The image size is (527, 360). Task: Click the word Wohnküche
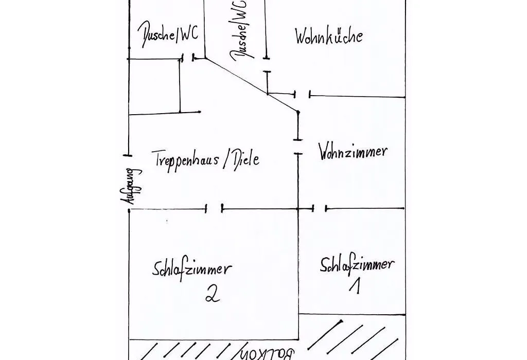tap(329, 35)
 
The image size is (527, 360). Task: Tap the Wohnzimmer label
tap(353, 152)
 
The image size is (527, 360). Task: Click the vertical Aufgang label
tap(131, 186)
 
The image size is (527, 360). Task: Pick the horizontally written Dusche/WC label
tap(168, 35)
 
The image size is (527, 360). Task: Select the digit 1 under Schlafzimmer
tap(355, 286)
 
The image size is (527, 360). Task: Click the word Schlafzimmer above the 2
tap(192, 269)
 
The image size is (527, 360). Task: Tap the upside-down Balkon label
tap(267, 354)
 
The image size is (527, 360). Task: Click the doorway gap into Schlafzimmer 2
tap(214, 209)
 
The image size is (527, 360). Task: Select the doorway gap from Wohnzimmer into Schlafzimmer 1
tap(319, 209)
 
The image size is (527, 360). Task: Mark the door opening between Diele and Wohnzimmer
tap(298, 147)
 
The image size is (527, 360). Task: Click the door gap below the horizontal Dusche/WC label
tap(188, 58)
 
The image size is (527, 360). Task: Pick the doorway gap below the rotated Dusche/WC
tap(267, 65)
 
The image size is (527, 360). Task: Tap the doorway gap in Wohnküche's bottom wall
tap(303, 94)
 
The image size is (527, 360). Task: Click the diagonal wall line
tap(251, 85)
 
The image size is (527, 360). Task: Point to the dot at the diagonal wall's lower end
tap(298, 112)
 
